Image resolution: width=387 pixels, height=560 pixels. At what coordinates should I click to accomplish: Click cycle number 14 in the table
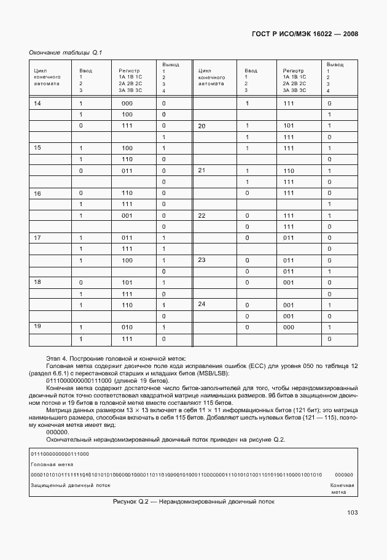tap(37, 103)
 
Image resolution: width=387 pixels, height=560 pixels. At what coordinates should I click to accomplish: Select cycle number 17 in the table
tap(37, 237)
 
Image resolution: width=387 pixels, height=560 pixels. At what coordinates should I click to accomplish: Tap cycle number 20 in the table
tap(201, 126)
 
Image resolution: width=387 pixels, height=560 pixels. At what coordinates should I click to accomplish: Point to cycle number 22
tap(201, 215)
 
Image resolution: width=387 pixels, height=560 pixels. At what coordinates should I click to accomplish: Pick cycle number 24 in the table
tap(201, 304)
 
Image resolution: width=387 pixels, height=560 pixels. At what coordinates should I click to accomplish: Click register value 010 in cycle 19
tap(127, 327)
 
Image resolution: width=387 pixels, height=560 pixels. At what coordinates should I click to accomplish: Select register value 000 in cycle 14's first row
tap(127, 103)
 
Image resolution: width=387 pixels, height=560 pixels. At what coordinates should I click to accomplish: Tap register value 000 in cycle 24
tap(289, 327)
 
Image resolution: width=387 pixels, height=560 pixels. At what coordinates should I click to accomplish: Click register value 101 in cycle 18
tap(127, 282)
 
